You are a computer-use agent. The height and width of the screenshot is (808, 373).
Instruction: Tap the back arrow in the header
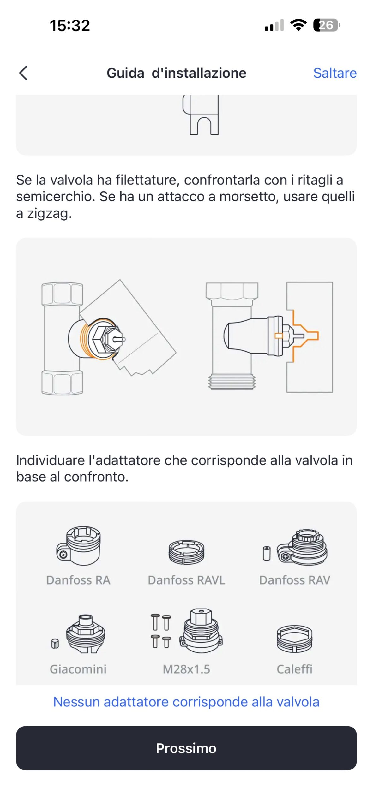(23, 73)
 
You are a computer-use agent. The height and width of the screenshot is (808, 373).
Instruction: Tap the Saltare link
(335, 73)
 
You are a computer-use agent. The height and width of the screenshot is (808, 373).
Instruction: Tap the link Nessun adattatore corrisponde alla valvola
(186, 702)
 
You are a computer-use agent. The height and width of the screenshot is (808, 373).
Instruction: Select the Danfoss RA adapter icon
(79, 545)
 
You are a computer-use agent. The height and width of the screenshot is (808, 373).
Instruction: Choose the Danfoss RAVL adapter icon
(186, 552)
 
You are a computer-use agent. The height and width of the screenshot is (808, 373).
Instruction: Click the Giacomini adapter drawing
(79, 634)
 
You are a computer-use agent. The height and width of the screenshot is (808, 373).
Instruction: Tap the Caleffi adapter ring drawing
(294, 639)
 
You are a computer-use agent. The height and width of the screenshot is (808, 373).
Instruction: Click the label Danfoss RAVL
(186, 580)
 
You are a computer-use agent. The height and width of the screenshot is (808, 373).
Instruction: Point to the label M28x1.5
(186, 669)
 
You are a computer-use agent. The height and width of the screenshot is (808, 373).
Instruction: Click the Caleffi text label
(294, 669)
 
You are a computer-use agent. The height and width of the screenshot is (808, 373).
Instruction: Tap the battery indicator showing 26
(327, 25)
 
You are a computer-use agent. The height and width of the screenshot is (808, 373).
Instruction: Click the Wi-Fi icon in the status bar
(298, 25)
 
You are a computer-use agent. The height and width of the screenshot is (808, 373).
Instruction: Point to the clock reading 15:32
(70, 26)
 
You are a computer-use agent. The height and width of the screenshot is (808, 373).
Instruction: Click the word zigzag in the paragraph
(49, 214)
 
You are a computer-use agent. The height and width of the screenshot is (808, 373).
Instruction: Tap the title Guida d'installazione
(176, 73)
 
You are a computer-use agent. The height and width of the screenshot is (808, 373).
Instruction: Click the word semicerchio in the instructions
(56, 196)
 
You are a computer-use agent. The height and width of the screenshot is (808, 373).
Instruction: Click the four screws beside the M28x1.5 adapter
(161, 631)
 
